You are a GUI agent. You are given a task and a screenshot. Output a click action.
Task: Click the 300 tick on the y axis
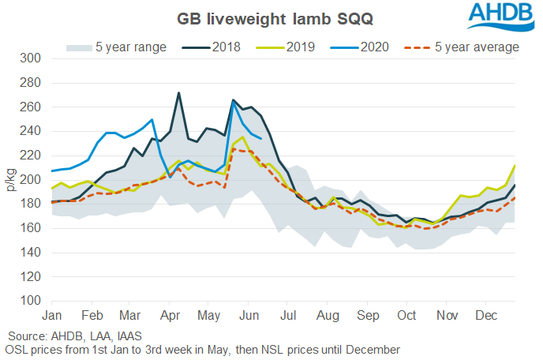click(x=32, y=58)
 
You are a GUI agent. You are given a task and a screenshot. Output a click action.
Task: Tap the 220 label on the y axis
click(x=32, y=156)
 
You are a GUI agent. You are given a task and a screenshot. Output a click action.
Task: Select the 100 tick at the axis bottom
click(x=32, y=301)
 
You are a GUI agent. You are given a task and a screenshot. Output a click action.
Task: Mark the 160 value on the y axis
click(x=32, y=228)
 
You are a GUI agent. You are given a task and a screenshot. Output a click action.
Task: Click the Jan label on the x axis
click(x=52, y=316)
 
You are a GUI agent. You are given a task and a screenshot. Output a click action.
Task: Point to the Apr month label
click(x=170, y=316)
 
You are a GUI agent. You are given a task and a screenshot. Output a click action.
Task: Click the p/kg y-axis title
click(x=11, y=180)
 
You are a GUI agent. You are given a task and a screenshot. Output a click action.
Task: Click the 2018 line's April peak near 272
click(x=178, y=93)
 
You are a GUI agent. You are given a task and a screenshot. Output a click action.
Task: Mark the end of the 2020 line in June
click(x=261, y=138)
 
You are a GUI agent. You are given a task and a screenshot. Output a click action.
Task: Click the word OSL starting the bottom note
click(x=16, y=349)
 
